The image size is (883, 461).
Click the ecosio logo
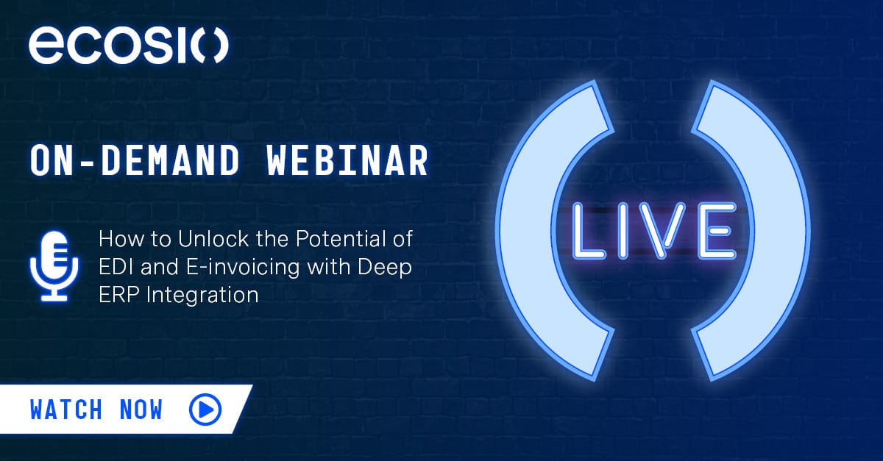tap(129, 46)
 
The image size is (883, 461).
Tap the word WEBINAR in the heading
tap(347, 160)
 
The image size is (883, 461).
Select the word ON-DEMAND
tap(135, 160)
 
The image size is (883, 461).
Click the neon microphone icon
tap(54, 267)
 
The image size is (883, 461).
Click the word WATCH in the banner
tap(66, 410)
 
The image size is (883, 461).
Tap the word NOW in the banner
tap(141, 410)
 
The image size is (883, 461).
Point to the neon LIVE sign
tap(654, 231)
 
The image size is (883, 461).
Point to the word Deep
tap(385, 268)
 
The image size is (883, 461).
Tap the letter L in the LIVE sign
tap(588, 231)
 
